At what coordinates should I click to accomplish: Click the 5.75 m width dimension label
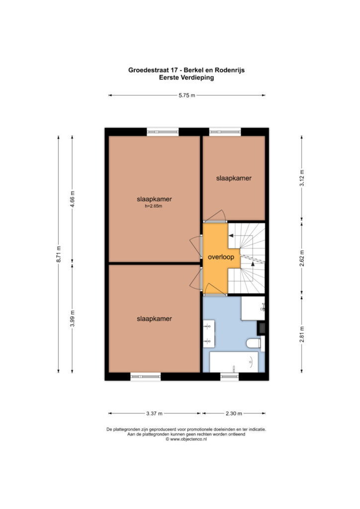186,95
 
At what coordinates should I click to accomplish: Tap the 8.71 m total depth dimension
59,254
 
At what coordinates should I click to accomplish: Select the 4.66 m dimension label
72,199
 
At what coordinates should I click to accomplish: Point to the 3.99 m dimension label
72,319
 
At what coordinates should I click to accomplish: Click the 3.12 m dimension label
301,178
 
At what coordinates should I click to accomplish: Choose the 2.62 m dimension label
301,258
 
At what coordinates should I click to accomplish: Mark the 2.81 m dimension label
301,334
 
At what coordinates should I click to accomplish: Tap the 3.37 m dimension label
154,414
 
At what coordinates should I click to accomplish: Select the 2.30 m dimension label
234,414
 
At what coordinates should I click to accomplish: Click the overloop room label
221,257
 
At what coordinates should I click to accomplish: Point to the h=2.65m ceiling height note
153,206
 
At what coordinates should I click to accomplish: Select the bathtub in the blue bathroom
234,362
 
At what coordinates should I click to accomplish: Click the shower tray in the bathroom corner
253,308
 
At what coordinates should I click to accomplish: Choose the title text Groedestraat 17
154,70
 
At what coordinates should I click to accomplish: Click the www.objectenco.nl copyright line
186,439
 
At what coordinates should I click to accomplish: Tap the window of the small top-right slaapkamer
225,132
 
